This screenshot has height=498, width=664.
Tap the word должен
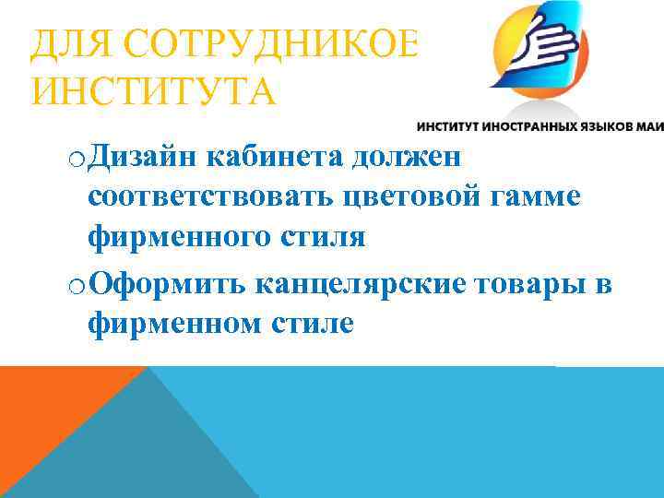(x=406, y=157)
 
